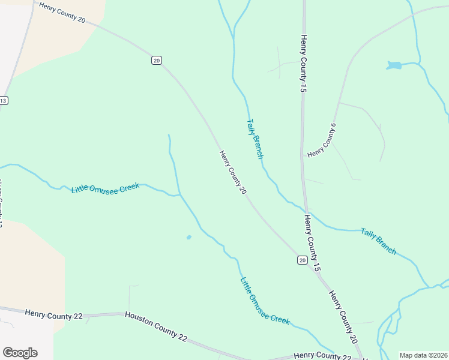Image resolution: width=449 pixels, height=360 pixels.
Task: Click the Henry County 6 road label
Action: (321, 141)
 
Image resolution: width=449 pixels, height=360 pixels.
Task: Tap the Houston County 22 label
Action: (156, 326)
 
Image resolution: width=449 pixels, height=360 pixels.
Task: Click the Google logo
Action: (20, 353)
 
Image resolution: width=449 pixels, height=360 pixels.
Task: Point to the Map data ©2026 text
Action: (423, 355)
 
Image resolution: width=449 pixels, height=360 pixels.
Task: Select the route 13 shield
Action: (3, 100)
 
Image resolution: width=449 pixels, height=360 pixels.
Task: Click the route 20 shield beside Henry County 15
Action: (302, 260)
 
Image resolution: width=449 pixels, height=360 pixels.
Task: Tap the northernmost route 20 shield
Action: (156, 60)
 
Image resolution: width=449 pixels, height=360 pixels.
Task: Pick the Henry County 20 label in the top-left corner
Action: (62, 13)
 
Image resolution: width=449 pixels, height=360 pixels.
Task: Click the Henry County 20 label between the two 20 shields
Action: (233, 172)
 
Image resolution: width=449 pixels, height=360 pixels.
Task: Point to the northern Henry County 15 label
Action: (303, 63)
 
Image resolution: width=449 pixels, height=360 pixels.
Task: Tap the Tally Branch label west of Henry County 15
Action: (255, 138)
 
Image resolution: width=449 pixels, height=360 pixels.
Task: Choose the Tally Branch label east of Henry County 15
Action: (378, 241)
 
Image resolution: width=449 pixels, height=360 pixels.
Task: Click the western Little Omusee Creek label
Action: (105, 188)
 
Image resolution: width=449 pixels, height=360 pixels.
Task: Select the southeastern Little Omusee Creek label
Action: (265, 301)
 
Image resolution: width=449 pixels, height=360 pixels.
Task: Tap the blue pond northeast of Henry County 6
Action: (394, 65)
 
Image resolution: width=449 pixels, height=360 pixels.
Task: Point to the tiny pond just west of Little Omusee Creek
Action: (189, 238)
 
